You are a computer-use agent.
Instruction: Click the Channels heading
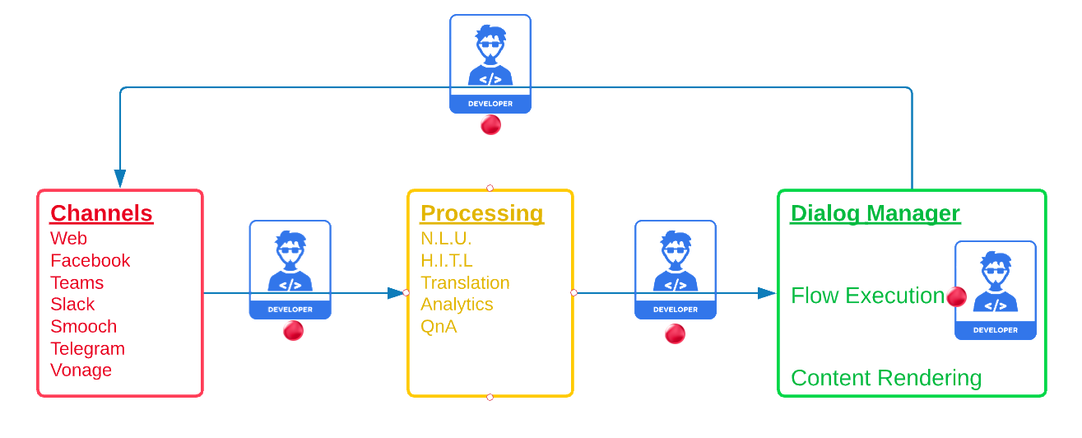(101, 214)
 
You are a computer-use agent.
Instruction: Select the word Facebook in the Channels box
(90, 260)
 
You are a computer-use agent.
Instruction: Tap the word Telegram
(87, 348)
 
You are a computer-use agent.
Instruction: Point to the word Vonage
(81, 370)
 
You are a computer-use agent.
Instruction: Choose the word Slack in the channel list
(72, 304)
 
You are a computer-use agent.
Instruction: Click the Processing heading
(481, 214)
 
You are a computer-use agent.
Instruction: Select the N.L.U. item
(446, 239)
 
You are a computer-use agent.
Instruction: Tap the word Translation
(465, 282)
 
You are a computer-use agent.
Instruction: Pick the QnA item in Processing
(439, 326)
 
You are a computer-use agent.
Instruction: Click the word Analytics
(457, 304)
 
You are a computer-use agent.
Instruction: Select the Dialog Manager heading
(875, 214)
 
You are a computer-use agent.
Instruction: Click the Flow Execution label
(867, 296)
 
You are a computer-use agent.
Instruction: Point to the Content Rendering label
(885, 378)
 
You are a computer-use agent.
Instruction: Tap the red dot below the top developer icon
(490, 125)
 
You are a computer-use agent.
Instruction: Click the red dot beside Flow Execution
(956, 297)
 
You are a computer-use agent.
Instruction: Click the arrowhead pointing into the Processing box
(397, 292)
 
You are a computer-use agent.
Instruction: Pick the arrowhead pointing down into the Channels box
(120, 179)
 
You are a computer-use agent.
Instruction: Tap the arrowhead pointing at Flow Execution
(768, 293)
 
